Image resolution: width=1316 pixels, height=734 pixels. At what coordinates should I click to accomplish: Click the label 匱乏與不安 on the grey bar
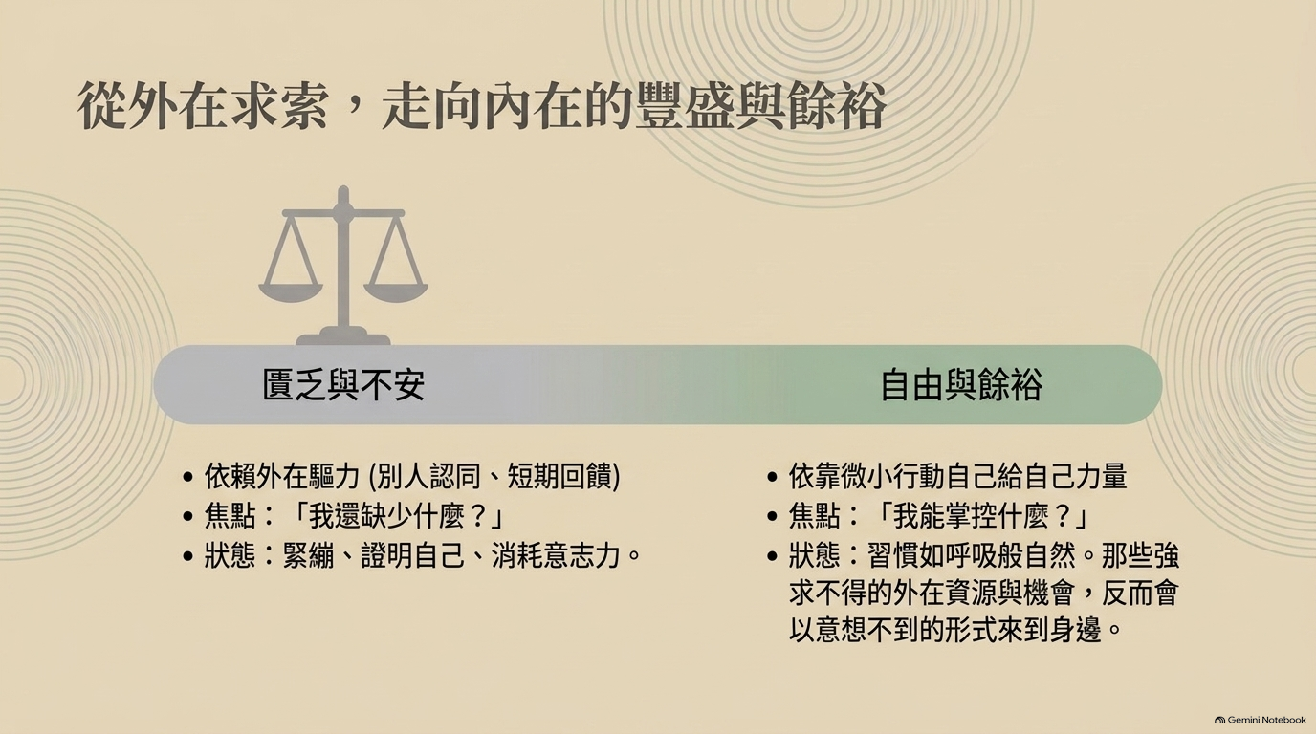tap(343, 385)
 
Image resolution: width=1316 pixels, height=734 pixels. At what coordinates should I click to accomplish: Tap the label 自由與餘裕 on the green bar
tap(961, 385)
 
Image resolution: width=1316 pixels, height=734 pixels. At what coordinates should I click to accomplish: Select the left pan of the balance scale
tap(291, 291)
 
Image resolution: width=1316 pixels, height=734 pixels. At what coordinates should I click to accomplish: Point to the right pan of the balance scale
tap(396, 291)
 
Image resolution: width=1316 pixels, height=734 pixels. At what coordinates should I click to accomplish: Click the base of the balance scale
tap(343, 338)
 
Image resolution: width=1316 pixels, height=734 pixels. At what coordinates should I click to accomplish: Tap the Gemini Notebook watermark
tap(1261, 720)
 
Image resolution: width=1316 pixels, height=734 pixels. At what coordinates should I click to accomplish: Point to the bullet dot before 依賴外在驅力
tap(188, 478)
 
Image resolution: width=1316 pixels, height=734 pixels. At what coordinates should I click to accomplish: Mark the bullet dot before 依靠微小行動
tap(773, 478)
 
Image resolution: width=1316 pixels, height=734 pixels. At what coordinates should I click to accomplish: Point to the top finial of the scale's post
tap(343, 193)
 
